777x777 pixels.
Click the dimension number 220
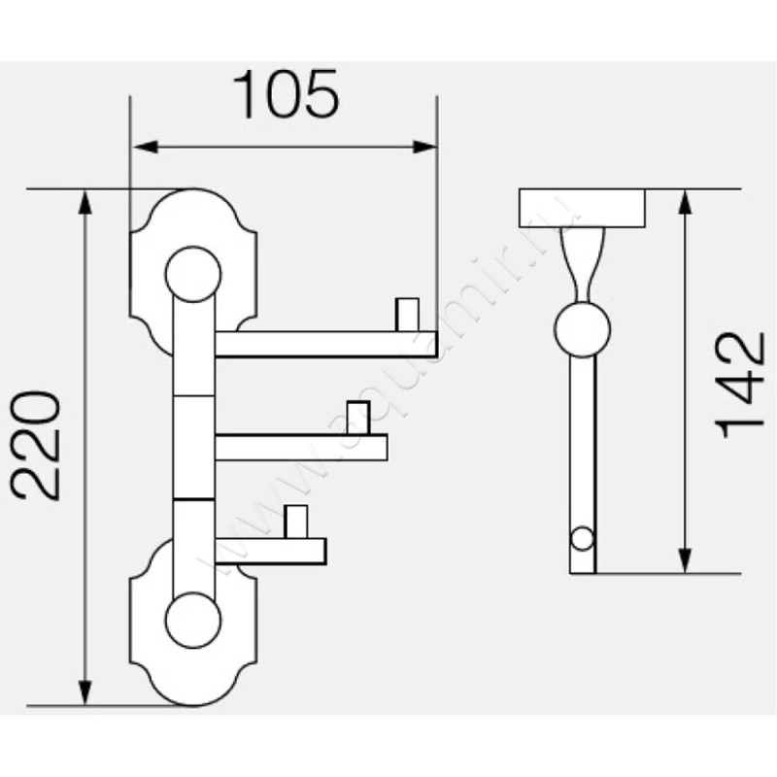tap(41, 446)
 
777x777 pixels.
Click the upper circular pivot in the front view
tap(191, 275)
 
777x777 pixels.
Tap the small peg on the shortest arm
tap(296, 523)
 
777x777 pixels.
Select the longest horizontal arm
tap(325, 344)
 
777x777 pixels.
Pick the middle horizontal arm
tap(301, 447)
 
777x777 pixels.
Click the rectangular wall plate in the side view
tap(583, 207)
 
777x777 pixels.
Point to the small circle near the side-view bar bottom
tap(582, 537)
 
